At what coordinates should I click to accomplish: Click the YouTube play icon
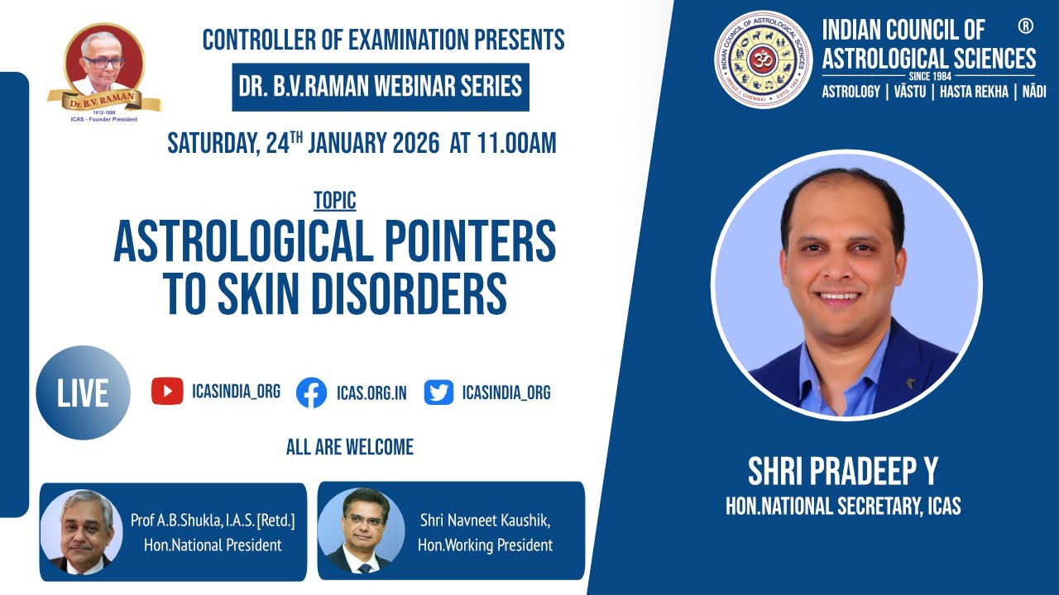click(x=167, y=391)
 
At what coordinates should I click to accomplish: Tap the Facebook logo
click(x=311, y=392)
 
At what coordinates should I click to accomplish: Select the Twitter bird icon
click(x=438, y=392)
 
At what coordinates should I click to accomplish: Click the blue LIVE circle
click(x=83, y=393)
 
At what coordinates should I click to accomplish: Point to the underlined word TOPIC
click(x=335, y=201)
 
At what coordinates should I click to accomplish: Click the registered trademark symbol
click(x=1026, y=26)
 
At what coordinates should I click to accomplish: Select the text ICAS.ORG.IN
click(x=371, y=393)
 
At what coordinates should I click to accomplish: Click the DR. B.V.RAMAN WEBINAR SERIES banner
click(x=381, y=87)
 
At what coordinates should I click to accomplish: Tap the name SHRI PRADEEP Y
click(x=843, y=472)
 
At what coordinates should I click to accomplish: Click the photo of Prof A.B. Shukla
click(x=81, y=531)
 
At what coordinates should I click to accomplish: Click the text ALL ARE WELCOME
click(x=349, y=448)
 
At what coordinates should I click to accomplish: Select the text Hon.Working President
click(x=485, y=545)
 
